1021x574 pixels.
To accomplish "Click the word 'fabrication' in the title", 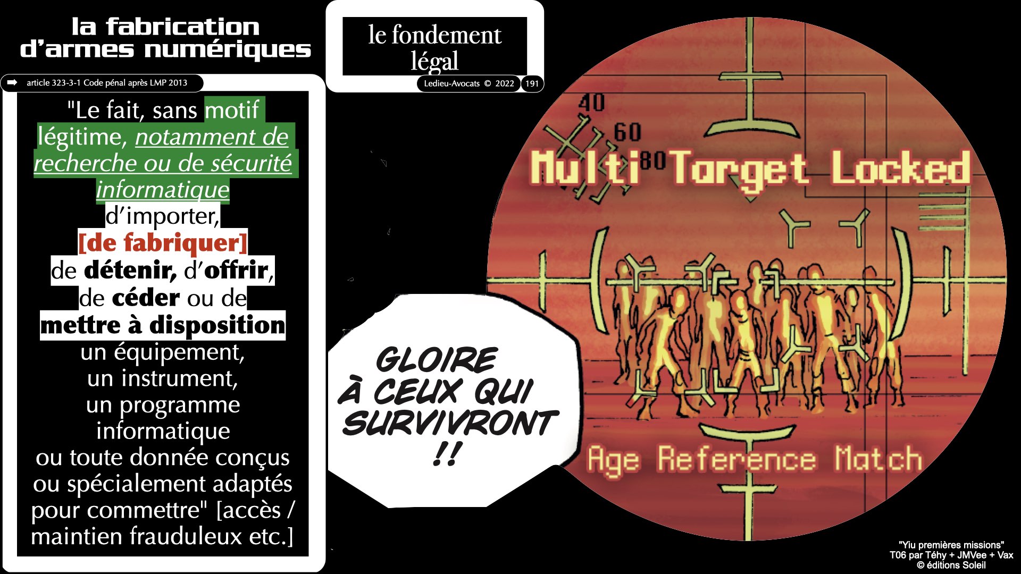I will click(x=182, y=27).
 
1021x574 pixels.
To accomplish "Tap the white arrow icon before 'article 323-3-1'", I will click(x=12, y=82).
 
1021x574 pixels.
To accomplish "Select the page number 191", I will click(x=532, y=83).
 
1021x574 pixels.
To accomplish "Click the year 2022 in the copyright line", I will click(x=504, y=83).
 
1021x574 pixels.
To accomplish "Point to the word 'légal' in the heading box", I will click(x=434, y=61).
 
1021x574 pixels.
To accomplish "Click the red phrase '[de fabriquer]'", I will click(x=163, y=243).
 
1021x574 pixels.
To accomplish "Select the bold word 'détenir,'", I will click(x=130, y=271).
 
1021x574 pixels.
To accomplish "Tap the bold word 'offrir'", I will click(x=236, y=271).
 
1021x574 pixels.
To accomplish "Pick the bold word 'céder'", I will click(x=145, y=298).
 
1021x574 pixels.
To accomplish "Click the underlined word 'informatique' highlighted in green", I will click(x=163, y=189).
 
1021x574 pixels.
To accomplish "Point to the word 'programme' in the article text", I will click(x=179, y=405).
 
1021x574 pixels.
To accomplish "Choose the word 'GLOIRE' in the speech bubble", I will click(x=437, y=360).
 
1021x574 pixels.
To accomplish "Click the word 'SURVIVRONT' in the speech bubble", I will click(x=450, y=424).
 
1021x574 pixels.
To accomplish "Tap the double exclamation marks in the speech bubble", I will click(x=445, y=454).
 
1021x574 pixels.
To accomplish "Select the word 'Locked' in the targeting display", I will click(x=900, y=167).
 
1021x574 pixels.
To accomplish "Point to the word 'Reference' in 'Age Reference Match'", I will click(x=737, y=459).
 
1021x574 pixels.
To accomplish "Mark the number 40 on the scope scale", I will click(x=591, y=102).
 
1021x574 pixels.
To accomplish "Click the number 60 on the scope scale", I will click(x=627, y=132).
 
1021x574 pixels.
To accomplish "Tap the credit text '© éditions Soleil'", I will click(x=951, y=565).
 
